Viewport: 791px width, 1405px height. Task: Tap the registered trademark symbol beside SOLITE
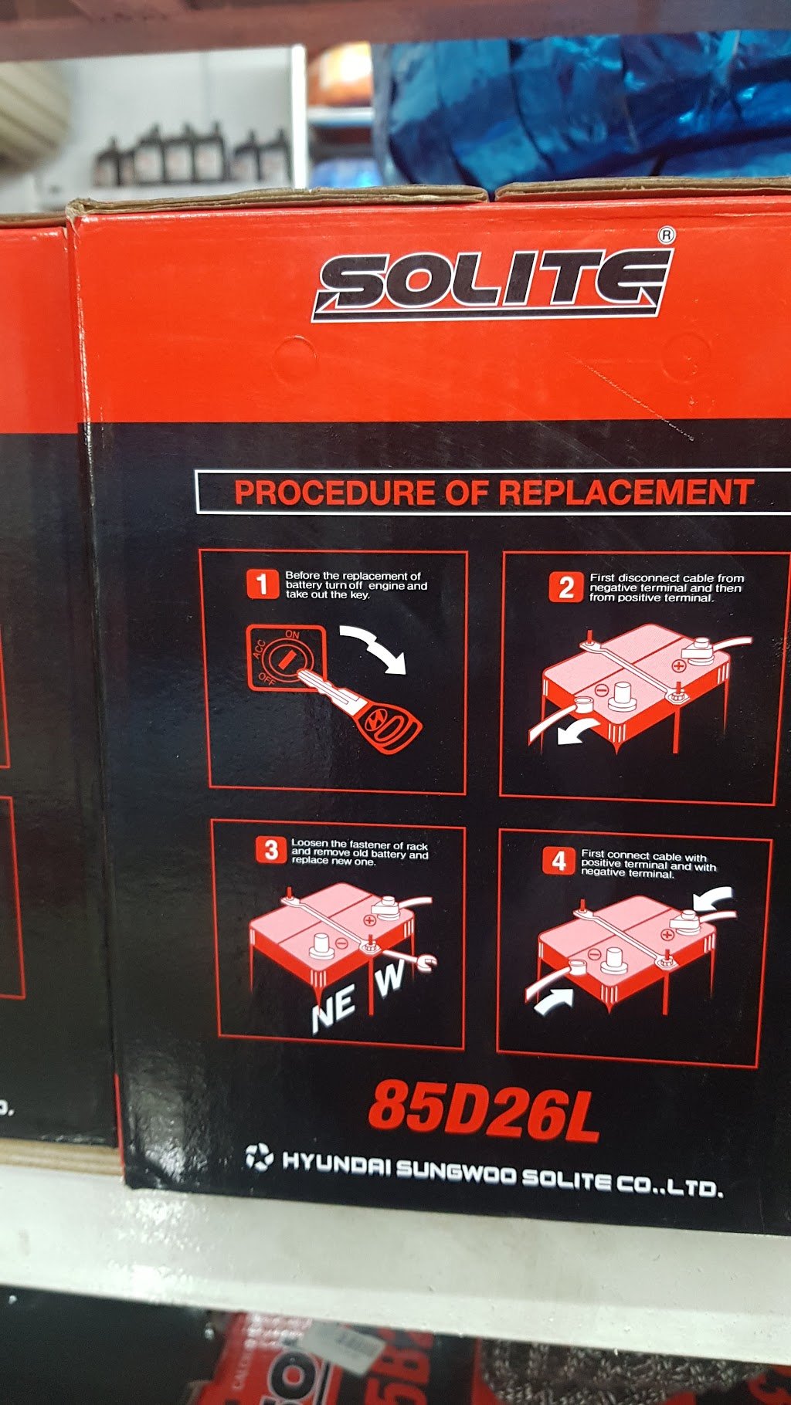667,235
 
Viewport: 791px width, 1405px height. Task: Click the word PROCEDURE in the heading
334,493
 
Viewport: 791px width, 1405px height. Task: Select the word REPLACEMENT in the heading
626,493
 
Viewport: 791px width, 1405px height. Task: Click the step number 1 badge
262,584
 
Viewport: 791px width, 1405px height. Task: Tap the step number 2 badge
566,587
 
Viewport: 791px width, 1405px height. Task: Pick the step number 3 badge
270,850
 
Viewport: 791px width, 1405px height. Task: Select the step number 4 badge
558,860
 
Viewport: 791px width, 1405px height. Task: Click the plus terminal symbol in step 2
678,665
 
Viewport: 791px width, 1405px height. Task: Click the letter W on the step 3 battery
389,978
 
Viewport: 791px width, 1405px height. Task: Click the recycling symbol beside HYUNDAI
260,1157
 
